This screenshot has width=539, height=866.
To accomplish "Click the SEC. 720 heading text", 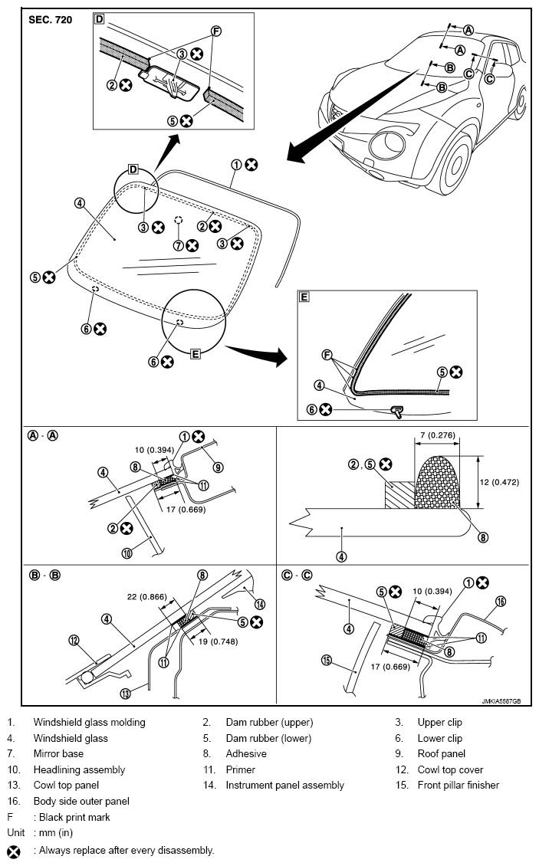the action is pyautogui.click(x=51, y=20).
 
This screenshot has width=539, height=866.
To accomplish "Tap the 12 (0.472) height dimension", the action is pyautogui.click(x=499, y=482).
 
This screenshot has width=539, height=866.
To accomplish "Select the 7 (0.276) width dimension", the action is pyautogui.click(x=437, y=435).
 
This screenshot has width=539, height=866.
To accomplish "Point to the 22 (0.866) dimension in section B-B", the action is pyautogui.click(x=146, y=596).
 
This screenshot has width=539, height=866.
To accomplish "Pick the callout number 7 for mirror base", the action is pyautogui.click(x=178, y=245).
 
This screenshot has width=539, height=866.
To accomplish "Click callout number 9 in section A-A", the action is pyautogui.click(x=219, y=467).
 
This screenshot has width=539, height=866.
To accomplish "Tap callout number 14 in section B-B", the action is pyautogui.click(x=260, y=604).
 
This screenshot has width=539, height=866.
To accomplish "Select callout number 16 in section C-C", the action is pyautogui.click(x=501, y=602).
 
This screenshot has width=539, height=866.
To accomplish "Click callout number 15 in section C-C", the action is pyautogui.click(x=327, y=659).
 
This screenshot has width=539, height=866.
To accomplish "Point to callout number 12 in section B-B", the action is pyautogui.click(x=74, y=641).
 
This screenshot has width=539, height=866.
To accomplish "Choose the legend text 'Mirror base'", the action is pyautogui.click(x=58, y=753).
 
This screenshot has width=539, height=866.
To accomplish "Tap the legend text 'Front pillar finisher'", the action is pyautogui.click(x=458, y=785).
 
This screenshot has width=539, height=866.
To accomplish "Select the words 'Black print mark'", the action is pyautogui.click(x=74, y=817).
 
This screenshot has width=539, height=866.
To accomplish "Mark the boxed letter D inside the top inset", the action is pyautogui.click(x=99, y=19).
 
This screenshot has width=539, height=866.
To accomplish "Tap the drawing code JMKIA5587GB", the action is pyautogui.click(x=501, y=701).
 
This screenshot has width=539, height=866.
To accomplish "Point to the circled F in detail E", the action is pyautogui.click(x=327, y=353).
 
